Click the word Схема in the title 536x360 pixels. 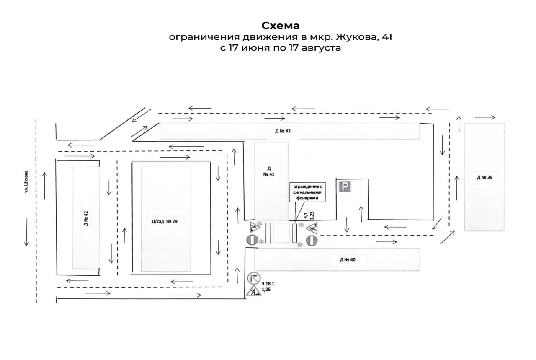[x=280, y=26]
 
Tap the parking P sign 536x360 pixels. [x=345, y=186]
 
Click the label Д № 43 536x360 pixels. [x=283, y=131]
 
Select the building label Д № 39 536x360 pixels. [x=484, y=177]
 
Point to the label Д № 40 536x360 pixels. [x=348, y=260]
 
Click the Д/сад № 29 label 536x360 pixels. [x=165, y=221]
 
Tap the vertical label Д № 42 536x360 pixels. [x=86, y=218]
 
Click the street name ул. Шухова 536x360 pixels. [x=26, y=181]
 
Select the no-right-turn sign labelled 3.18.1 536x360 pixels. [x=254, y=278]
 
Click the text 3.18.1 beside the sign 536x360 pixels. [x=268, y=284]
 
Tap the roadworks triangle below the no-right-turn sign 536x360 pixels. [x=254, y=290]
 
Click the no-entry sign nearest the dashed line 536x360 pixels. [x=312, y=241]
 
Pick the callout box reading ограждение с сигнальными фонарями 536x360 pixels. [x=307, y=192]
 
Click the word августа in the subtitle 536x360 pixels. [x=321, y=48]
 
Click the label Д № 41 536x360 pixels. [x=269, y=171]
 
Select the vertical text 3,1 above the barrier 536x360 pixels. [x=306, y=215]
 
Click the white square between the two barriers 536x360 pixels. [x=282, y=233]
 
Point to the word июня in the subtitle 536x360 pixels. [x=255, y=48]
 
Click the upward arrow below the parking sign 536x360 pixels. [x=361, y=214]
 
